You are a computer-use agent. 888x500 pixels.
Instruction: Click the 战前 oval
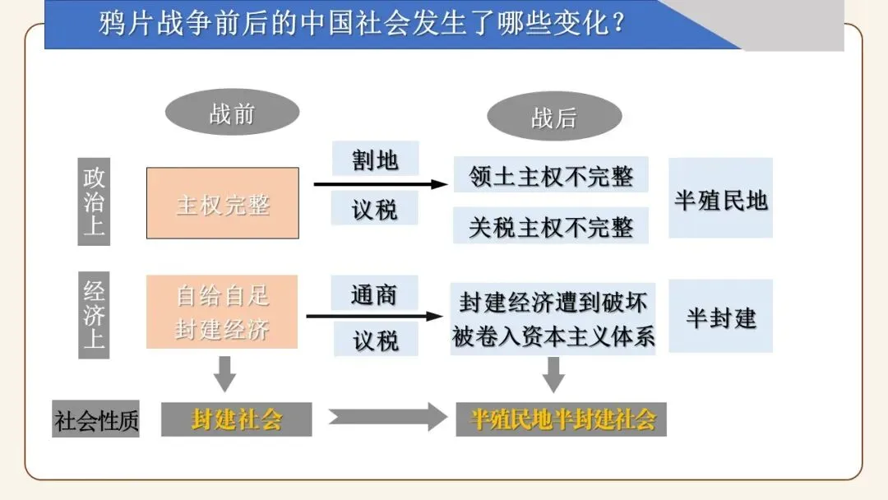click(x=232, y=113)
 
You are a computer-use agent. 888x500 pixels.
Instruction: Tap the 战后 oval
click(x=553, y=117)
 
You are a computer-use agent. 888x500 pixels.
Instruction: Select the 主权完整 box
click(x=223, y=203)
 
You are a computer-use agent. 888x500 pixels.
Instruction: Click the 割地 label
click(x=375, y=159)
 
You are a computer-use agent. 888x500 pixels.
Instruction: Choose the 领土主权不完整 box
click(x=551, y=175)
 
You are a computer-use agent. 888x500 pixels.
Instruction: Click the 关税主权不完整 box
click(x=551, y=226)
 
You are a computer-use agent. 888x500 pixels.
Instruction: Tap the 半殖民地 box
click(x=720, y=199)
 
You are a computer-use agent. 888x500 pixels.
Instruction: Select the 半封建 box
click(x=720, y=317)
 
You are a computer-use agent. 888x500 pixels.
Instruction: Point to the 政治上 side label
click(x=94, y=201)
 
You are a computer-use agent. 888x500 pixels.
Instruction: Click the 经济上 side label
click(x=94, y=315)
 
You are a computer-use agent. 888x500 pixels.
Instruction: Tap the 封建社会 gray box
click(x=236, y=419)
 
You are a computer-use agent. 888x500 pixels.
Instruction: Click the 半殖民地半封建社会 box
click(x=562, y=419)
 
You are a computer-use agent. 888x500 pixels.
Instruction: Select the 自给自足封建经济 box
click(x=222, y=312)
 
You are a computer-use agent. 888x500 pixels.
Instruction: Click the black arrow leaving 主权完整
click(x=378, y=185)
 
